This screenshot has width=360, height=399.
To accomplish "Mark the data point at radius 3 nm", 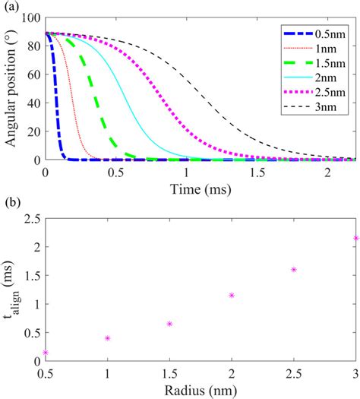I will click(x=355, y=238).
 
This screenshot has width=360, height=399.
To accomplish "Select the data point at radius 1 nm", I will click(x=108, y=338).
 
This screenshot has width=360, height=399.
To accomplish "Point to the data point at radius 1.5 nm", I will click(x=169, y=324).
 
